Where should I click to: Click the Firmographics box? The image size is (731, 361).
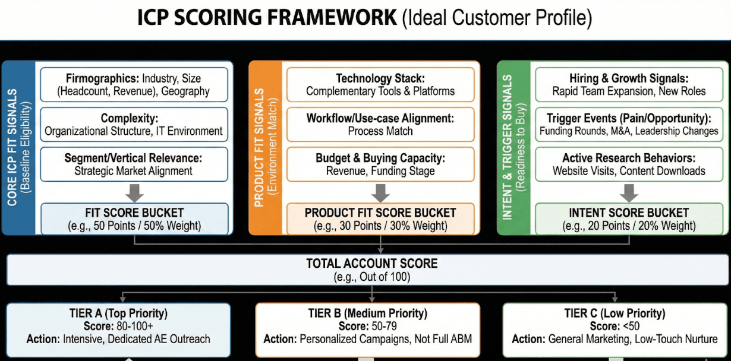(134, 84)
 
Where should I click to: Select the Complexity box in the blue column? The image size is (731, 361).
(134, 125)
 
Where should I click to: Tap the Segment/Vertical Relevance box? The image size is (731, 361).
(134, 164)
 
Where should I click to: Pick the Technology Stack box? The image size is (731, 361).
(380, 84)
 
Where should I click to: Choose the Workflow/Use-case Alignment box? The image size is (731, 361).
(380, 125)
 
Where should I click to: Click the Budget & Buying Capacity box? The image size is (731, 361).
(380, 164)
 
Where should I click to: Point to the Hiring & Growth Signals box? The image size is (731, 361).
(629, 84)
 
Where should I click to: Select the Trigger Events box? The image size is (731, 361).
(629, 125)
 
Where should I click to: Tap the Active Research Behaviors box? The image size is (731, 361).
(629, 164)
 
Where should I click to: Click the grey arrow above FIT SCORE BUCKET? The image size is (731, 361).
(134, 192)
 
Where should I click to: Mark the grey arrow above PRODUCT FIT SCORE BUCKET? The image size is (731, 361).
(380, 192)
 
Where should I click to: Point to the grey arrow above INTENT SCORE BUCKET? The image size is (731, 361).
(629, 192)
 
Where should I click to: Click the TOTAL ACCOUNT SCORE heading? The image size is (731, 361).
(371, 264)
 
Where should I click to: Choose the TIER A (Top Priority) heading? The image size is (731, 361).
(118, 313)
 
